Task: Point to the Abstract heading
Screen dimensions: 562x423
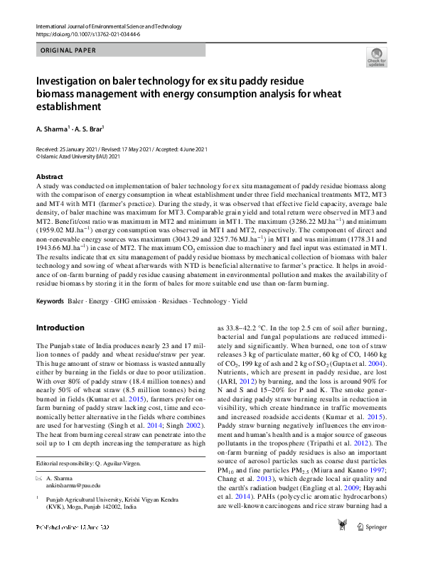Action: pos(49,176)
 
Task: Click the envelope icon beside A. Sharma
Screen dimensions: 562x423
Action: pos(39,480)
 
